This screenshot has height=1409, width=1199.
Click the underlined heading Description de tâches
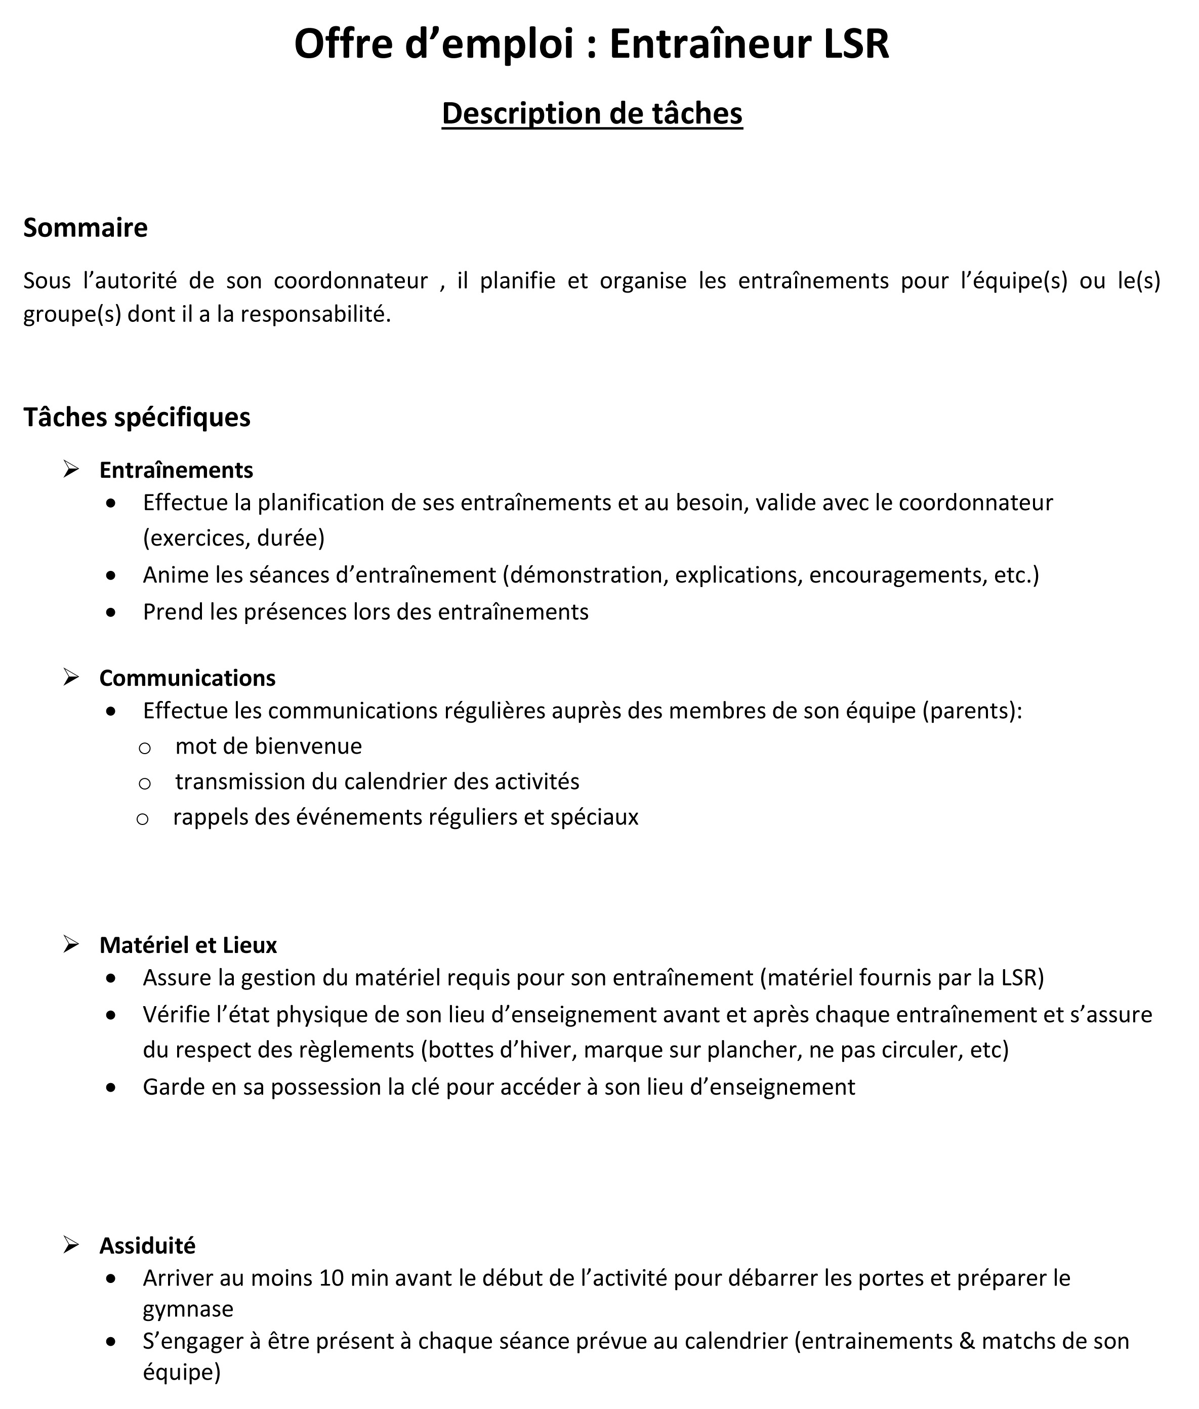pyautogui.click(x=592, y=113)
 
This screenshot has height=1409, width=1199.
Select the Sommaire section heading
pyautogui.click(x=85, y=228)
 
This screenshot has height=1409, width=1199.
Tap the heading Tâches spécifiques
pyautogui.click(x=137, y=418)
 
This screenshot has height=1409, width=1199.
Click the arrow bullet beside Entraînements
pyautogui.click(x=71, y=469)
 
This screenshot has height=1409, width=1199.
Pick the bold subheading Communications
pyautogui.click(x=187, y=678)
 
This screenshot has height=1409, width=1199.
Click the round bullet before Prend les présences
pyautogui.click(x=111, y=612)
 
